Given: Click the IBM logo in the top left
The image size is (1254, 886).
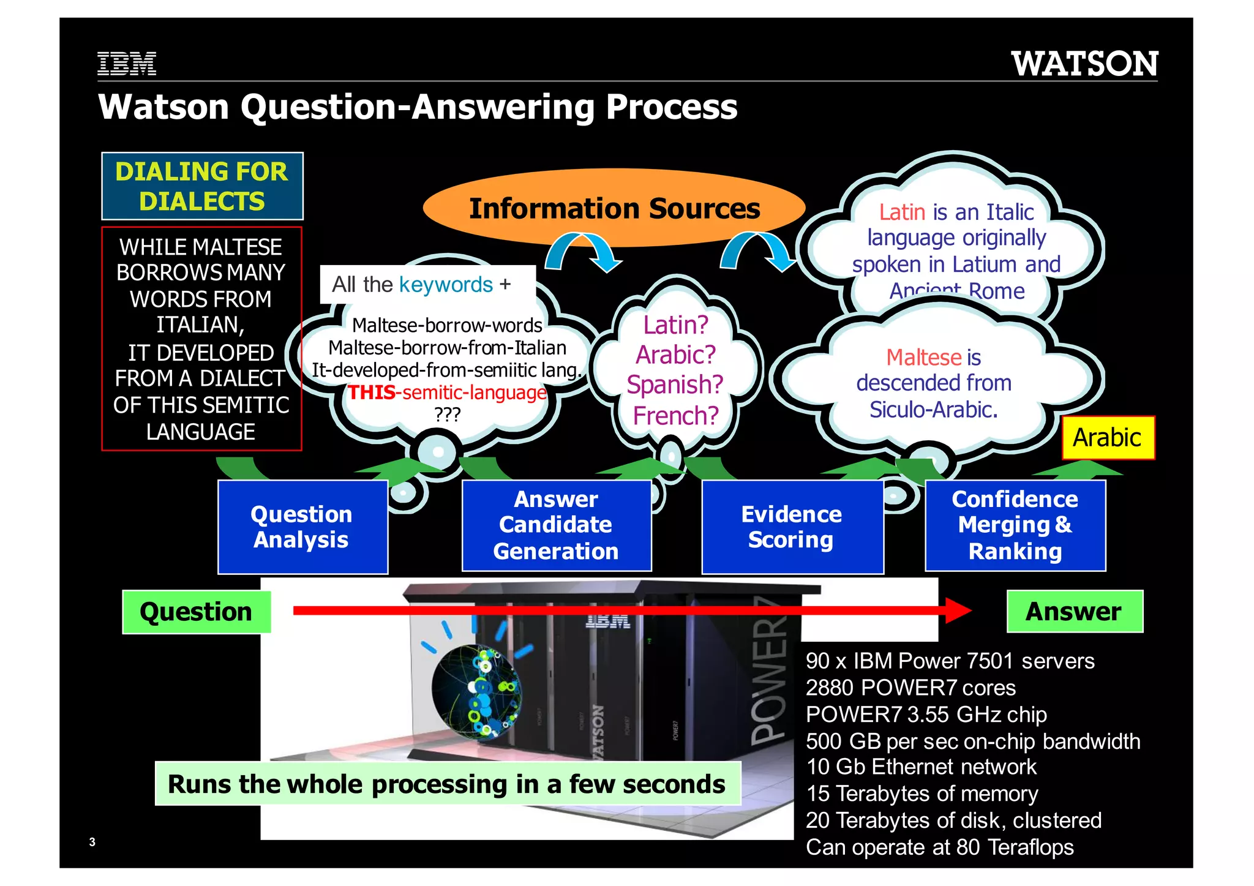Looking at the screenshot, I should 127,64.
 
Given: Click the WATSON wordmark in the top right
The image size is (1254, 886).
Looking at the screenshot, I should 1084,64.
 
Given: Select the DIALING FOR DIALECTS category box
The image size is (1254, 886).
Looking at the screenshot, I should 202,186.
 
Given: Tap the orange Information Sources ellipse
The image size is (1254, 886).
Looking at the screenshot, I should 614,208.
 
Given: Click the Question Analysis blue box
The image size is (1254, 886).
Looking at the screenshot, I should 302,527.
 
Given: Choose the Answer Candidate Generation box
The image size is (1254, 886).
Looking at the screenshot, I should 556,525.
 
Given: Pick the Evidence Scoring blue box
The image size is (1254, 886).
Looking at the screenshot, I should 792,527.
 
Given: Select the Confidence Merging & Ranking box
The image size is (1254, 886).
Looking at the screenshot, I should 1015,525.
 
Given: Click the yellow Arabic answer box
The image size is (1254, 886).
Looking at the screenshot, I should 1108,438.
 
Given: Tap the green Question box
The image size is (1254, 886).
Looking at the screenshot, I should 196,612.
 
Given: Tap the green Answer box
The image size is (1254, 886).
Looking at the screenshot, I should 1074,611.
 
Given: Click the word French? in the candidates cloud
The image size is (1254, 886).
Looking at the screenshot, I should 675,416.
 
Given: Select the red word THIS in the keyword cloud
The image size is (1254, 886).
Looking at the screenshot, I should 372,392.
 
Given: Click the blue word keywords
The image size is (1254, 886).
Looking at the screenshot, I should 446,285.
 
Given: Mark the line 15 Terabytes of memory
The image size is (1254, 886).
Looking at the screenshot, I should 922,794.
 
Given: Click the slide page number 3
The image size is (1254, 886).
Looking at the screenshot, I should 92,842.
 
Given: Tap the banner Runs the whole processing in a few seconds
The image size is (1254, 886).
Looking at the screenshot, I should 447,784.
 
